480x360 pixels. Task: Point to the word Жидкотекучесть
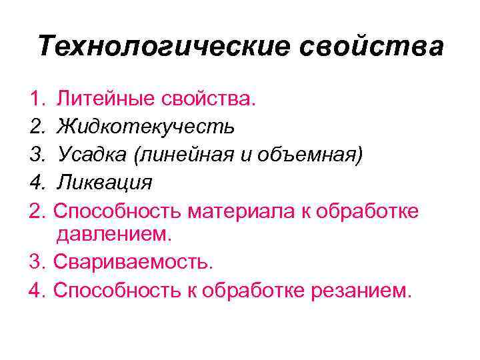point(145,127)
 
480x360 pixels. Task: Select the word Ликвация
point(105,182)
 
